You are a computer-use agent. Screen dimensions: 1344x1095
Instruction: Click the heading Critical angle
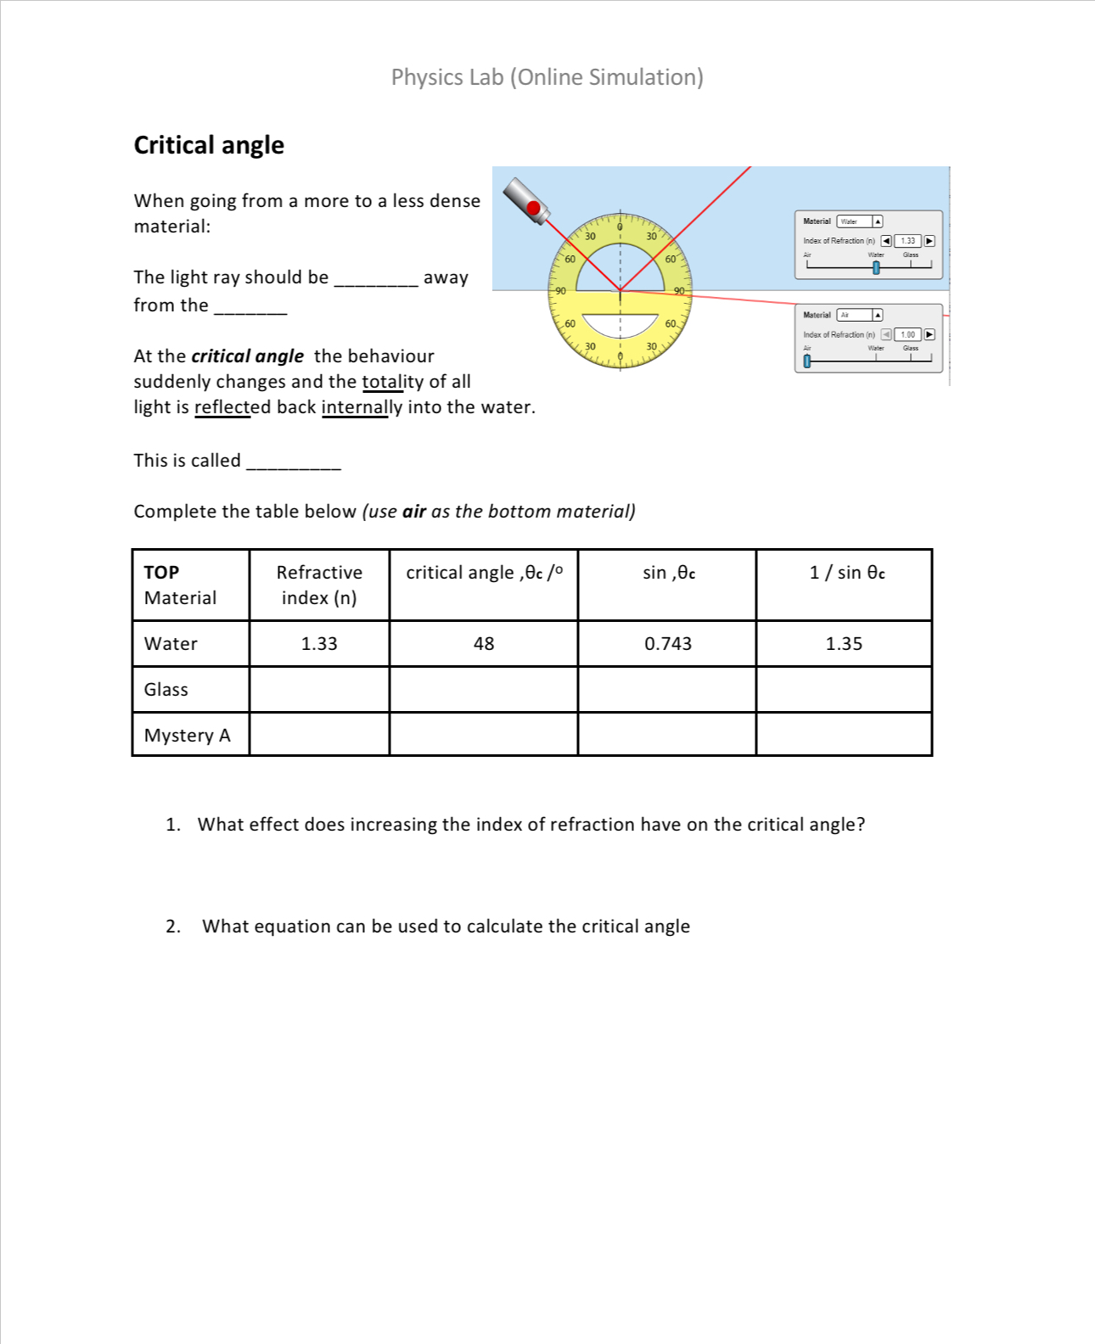(x=209, y=145)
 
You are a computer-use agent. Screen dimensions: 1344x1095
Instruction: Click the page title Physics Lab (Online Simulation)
(x=547, y=77)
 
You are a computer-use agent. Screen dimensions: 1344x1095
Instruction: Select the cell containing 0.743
(x=667, y=644)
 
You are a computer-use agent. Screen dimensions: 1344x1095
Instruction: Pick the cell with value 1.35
(x=843, y=644)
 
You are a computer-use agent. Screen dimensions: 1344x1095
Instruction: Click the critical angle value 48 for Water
(x=483, y=644)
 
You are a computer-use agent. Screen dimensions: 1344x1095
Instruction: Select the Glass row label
(x=166, y=690)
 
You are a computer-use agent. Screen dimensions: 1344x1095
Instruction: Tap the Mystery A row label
(x=187, y=736)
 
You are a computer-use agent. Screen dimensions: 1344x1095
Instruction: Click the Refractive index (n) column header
(x=319, y=585)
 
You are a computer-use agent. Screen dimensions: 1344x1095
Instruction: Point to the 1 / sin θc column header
(x=846, y=573)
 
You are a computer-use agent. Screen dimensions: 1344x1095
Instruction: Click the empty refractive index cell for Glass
(x=319, y=690)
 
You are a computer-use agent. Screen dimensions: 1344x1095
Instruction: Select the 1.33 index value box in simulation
(x=907, y=241)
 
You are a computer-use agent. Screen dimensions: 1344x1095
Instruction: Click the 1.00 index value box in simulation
(x=907, y=334)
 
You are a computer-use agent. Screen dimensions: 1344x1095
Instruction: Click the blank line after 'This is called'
(x=293, y=462)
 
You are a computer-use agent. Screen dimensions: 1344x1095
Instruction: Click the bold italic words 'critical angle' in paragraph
(x=247, y=356)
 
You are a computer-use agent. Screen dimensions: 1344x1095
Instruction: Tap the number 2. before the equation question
(x=172, y=927)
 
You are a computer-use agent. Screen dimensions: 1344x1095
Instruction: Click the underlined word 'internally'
(x=362, y=407)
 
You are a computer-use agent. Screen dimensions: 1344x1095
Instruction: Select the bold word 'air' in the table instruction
(x=414, y=512)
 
